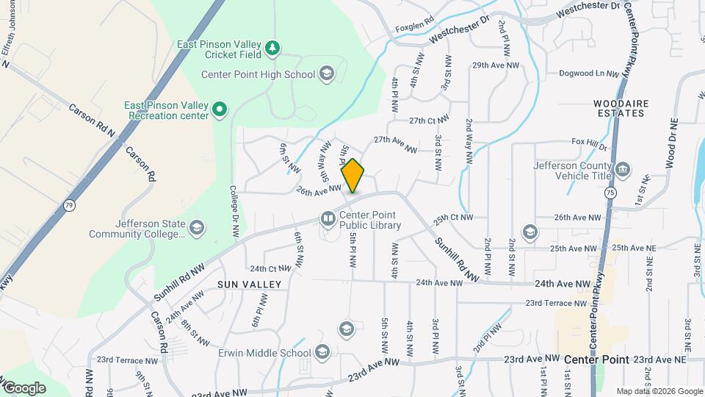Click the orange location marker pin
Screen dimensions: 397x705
[x=352, y=176]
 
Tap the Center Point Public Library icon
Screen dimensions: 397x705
[x=328, y=218]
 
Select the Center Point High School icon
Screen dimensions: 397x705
[x=327, y=74]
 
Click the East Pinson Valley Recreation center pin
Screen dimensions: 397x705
[x=219, y=110]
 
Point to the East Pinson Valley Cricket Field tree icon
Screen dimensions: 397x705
[x=272, y=48]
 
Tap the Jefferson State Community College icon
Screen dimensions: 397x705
[x=196, y=229]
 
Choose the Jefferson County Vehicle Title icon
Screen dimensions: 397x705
[x=623, y=171]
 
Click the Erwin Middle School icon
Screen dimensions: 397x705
[x=322, y=353]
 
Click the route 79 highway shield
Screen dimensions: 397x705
[x=69, y=204]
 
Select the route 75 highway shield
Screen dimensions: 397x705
[x=610, y=192]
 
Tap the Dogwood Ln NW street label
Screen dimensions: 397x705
[x=590, y=74]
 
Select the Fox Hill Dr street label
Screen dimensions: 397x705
[x=590, y=143]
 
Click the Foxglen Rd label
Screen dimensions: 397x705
[x=414, y=28]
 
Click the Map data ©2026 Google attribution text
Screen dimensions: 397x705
[x=658, y=391]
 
